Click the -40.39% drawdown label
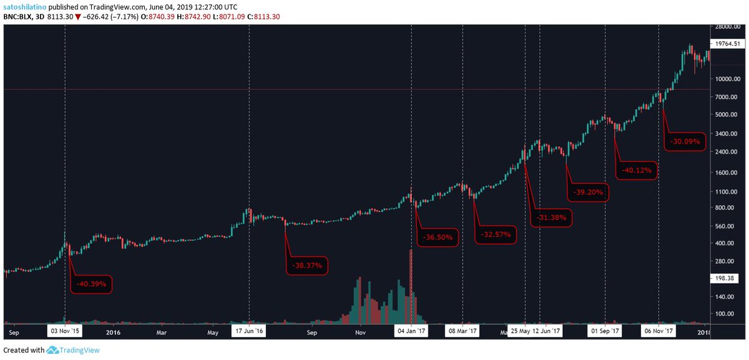(92, 285)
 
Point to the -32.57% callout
(496, 235)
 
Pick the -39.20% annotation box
(587, 192)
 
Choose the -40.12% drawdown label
(637, 170)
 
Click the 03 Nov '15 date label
(65, 331)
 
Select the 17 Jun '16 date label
(249, 331)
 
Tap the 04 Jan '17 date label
(411, 331)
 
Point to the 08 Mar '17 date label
(462, 331)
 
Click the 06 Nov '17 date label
(658, 331)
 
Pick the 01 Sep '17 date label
(605, 331)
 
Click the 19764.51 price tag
(727, 44)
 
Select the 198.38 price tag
(725, 280)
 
